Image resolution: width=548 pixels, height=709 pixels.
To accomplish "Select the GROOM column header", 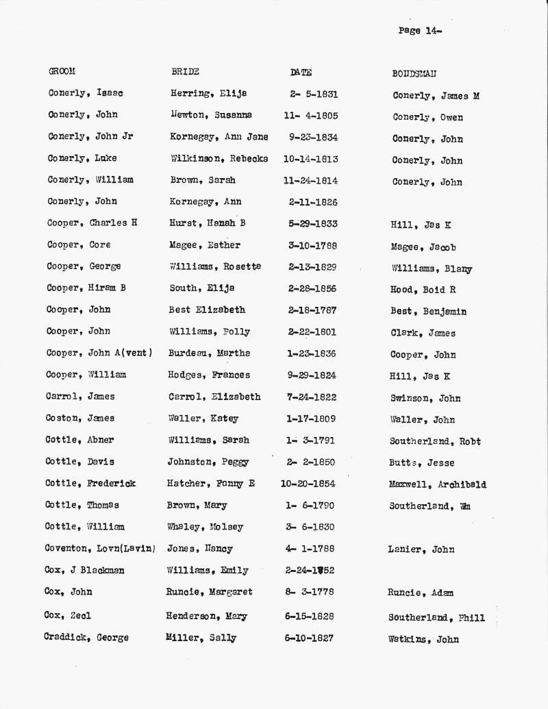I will coord(62,71).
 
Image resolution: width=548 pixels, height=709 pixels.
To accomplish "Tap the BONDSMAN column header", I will coord(414,73).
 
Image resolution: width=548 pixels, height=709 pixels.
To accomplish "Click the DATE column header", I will coord(301,72).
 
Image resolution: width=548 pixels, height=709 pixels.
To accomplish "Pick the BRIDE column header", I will coord(185,71).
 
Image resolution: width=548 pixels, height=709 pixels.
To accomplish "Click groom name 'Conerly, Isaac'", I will coord(86,93).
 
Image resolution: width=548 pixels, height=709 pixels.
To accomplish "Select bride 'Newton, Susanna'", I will coord(211,115).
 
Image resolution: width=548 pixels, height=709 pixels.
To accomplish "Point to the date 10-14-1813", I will coord(310,159).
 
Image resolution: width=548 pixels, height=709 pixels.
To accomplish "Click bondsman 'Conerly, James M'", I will coord(436,96).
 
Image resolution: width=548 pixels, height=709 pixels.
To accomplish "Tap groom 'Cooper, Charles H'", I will coord(92,223).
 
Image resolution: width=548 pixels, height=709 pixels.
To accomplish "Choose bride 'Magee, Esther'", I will coord(205,245).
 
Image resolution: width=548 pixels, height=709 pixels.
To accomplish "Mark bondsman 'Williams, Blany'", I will coord(432,269).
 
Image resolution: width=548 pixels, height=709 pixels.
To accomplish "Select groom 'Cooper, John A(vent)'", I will coord(99,353).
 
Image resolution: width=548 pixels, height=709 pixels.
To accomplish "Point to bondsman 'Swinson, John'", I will coord(425,398).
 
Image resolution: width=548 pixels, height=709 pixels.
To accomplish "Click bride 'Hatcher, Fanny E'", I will coord(211,484).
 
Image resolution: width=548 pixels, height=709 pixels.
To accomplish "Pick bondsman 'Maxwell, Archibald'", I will coord(437,485).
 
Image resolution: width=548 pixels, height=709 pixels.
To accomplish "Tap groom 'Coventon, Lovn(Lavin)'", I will coord(100,549).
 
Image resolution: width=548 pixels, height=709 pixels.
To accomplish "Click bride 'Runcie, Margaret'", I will coord(209,592).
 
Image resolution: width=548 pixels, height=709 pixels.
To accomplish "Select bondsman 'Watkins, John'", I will coord(423,640).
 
